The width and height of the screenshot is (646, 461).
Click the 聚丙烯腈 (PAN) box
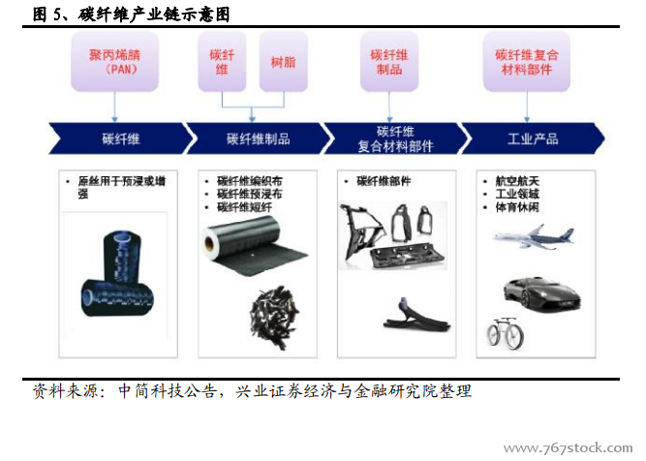[114, 62]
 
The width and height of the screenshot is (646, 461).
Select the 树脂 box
[284, 62]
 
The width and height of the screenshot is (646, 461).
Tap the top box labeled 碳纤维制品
[389, 62]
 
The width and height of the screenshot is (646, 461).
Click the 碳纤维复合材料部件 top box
[527, 62]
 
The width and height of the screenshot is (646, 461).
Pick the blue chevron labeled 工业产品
[533, 138]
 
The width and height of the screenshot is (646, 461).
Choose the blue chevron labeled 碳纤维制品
[259, 138]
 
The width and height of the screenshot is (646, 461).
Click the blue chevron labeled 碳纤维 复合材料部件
[395, 138]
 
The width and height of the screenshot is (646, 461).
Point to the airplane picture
[533, 236]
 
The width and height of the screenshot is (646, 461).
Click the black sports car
[541, 294]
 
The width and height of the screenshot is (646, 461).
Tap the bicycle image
[506, 333]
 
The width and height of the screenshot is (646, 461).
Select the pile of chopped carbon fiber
[274, 318]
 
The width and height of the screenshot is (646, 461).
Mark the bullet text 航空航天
[517, 181]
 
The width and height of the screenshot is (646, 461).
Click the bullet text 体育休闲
[517, 207]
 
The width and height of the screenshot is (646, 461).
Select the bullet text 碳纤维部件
[384, 181]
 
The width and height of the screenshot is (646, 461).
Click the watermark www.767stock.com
[569, 447]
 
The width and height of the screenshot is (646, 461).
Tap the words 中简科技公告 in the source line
[168, 391]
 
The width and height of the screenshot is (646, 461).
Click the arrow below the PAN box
[114, 107]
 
